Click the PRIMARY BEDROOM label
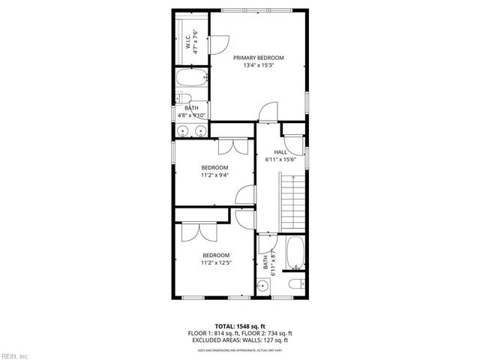pos(258,58)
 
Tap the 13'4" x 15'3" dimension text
pos(258,66)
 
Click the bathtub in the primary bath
pos(192,79)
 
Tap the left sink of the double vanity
pos(183,130)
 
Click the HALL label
pos(280,152)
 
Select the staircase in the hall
pos(294,202)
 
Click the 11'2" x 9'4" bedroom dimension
pos(214,175)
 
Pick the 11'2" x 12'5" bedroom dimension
pos(214,263)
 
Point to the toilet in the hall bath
pos(297,283)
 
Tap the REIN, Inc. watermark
pos(14,355)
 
